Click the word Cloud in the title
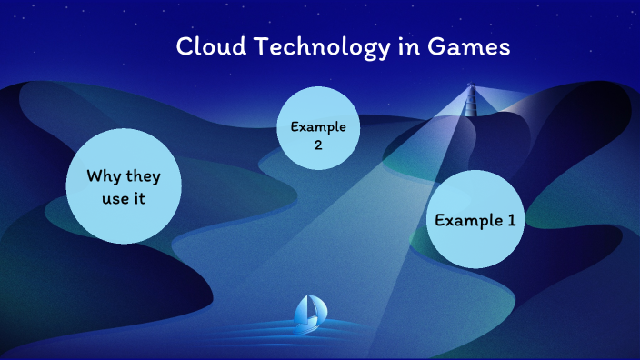click(202, 47)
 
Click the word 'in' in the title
click(411, 47)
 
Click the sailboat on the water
click(309, 312)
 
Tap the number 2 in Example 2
click(318, 143)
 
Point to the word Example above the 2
click(318, 125)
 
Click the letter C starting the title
click(184, 47)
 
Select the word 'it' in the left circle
click(141, 198)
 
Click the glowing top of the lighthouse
click(471, 88)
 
